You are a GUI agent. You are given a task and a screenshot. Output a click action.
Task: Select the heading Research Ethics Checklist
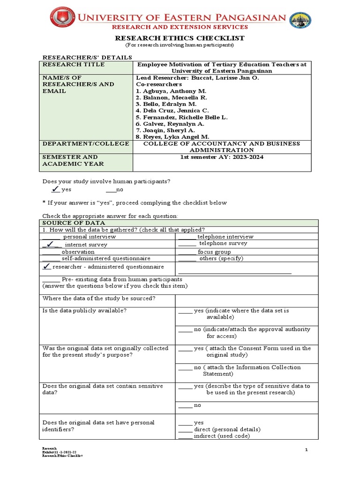coord(180,38)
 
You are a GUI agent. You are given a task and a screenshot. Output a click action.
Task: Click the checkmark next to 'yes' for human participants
coord(55,189)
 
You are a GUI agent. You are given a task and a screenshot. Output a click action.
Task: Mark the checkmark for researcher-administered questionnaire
coord(46,266)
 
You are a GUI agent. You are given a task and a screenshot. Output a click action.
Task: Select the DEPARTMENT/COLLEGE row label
coord(85,143)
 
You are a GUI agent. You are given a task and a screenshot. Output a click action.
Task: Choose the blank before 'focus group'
coord(187,252)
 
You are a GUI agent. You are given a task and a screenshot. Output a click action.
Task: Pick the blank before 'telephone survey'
coord(187,244)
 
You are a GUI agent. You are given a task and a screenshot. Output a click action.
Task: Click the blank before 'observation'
coord(51,252)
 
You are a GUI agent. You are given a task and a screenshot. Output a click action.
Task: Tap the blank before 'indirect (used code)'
coord(185,436)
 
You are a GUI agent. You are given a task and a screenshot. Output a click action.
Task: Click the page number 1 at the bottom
coord(306,450)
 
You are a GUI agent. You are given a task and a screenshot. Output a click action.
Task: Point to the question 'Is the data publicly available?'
coord(84,310)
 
